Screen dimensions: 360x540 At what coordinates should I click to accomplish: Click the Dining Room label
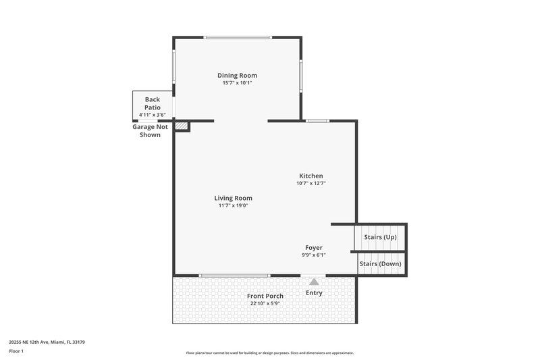click(237, 75)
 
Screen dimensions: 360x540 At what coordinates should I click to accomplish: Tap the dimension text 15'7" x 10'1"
click(237, 83)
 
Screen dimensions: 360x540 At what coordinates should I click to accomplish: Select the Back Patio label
click(152, 103)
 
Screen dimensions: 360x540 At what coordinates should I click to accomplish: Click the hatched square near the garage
click(180, 126)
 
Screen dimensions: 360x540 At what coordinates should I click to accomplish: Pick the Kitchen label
click(311, 176)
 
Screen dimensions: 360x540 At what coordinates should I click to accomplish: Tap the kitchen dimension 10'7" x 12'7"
click(311, 183)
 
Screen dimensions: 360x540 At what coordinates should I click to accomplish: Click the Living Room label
click(233, 198)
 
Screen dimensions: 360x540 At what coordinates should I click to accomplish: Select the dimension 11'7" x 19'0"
click(233, 206)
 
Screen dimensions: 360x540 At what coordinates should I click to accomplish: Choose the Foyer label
click(314, 248)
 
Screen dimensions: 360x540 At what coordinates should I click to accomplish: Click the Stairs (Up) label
click(380, 237)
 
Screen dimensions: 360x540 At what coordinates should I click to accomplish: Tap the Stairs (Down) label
click(380, 263)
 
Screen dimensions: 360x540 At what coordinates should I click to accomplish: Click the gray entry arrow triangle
click(314, 281)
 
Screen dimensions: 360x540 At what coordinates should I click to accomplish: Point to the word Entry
click(314, 292)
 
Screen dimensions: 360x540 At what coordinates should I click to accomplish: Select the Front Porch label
click(264, 296)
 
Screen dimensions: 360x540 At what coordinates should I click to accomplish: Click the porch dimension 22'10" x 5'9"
click(264, 304)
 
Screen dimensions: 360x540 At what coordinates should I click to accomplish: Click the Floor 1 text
click(17, 351)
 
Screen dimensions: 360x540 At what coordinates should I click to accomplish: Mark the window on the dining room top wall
click(238, 37)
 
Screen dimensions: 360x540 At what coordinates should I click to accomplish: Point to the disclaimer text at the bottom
click(269, 353)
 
